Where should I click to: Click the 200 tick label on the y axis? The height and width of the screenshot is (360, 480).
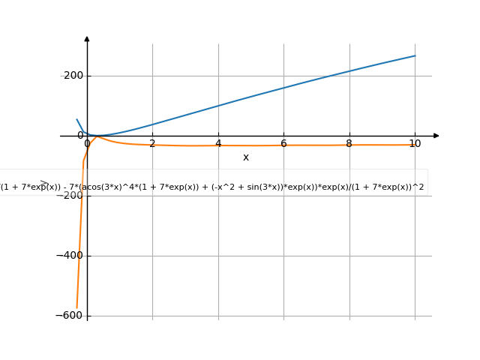72,76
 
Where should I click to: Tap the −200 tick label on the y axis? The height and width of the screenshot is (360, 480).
70,196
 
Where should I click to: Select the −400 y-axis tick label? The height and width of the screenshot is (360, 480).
70,256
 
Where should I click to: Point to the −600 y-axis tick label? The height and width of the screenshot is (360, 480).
70,316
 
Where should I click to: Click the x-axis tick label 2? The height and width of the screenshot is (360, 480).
152,143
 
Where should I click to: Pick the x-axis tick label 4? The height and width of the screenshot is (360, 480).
218,143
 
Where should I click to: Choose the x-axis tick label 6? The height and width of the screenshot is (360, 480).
283,143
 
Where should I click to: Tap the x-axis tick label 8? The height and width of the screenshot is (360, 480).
349,143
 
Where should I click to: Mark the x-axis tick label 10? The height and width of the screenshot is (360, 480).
415,143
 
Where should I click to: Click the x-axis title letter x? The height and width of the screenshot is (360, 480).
246,157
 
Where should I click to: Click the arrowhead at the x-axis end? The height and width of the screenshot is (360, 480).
436,136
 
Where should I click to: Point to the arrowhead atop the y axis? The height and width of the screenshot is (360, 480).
87,38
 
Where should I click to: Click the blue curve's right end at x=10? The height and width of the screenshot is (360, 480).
415,55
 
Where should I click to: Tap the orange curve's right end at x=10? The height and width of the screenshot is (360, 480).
415,145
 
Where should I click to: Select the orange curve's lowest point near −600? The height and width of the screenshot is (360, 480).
76,307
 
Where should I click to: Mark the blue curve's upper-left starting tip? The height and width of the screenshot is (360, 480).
76,118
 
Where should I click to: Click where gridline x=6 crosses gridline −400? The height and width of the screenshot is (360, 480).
283,256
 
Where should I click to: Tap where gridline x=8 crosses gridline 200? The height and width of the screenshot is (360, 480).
349,76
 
